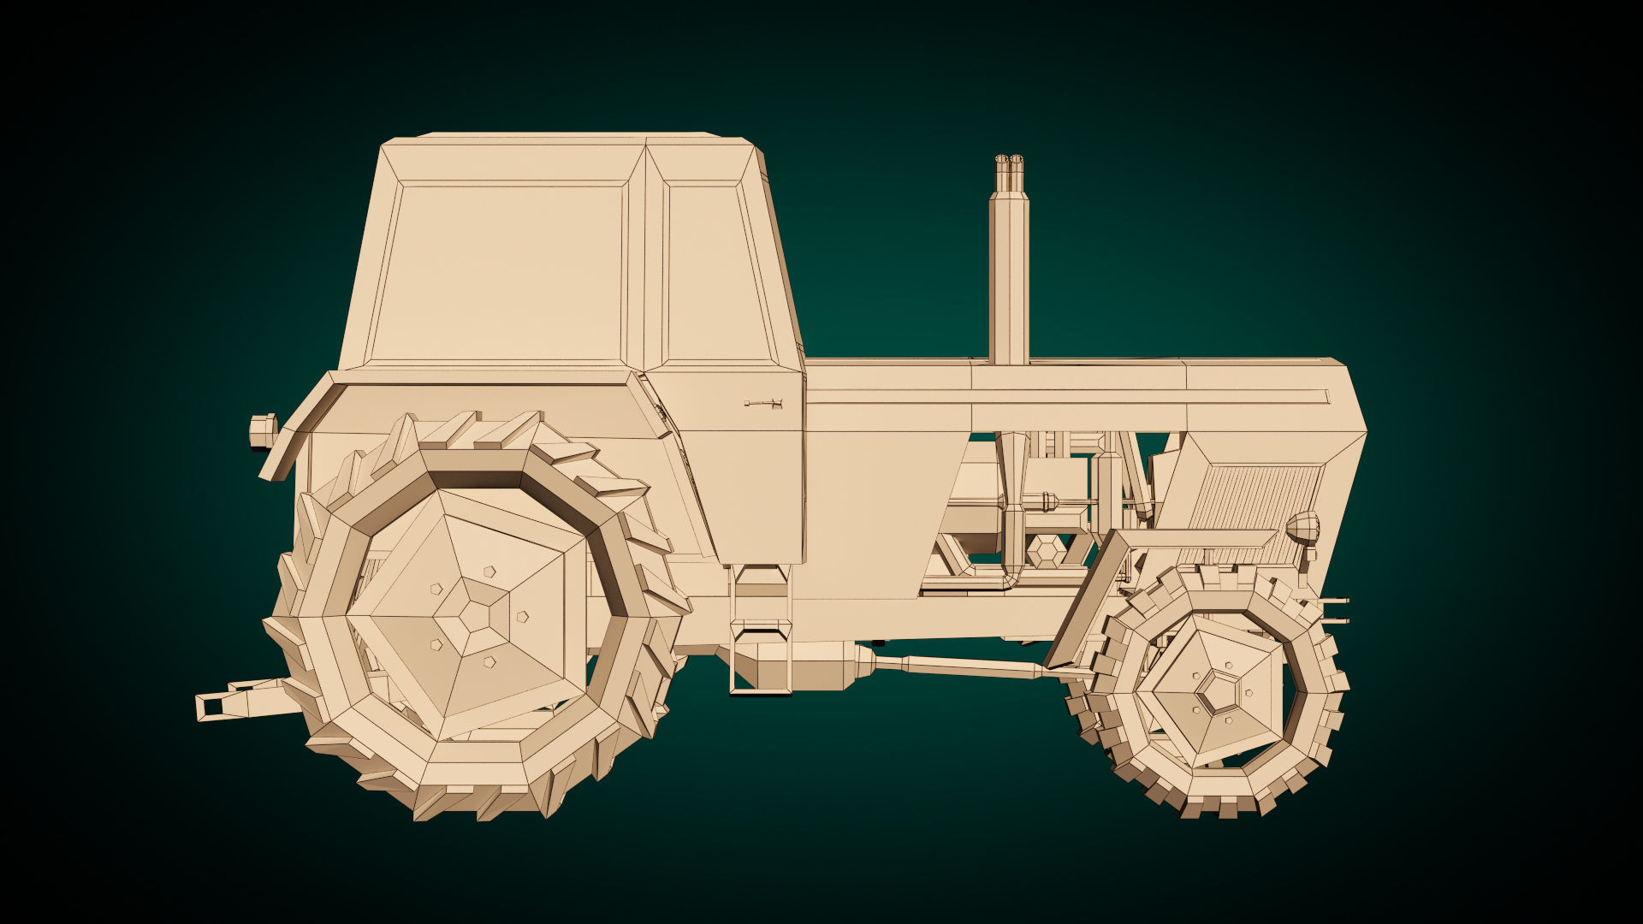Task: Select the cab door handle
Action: pos(763,403)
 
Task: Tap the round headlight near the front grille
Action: pos(1303,525)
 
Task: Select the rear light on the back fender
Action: pos(262,429)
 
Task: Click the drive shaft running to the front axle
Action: pos(958,666)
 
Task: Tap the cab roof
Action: pos(569,138)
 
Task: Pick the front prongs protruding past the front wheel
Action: pos(1334,609)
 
